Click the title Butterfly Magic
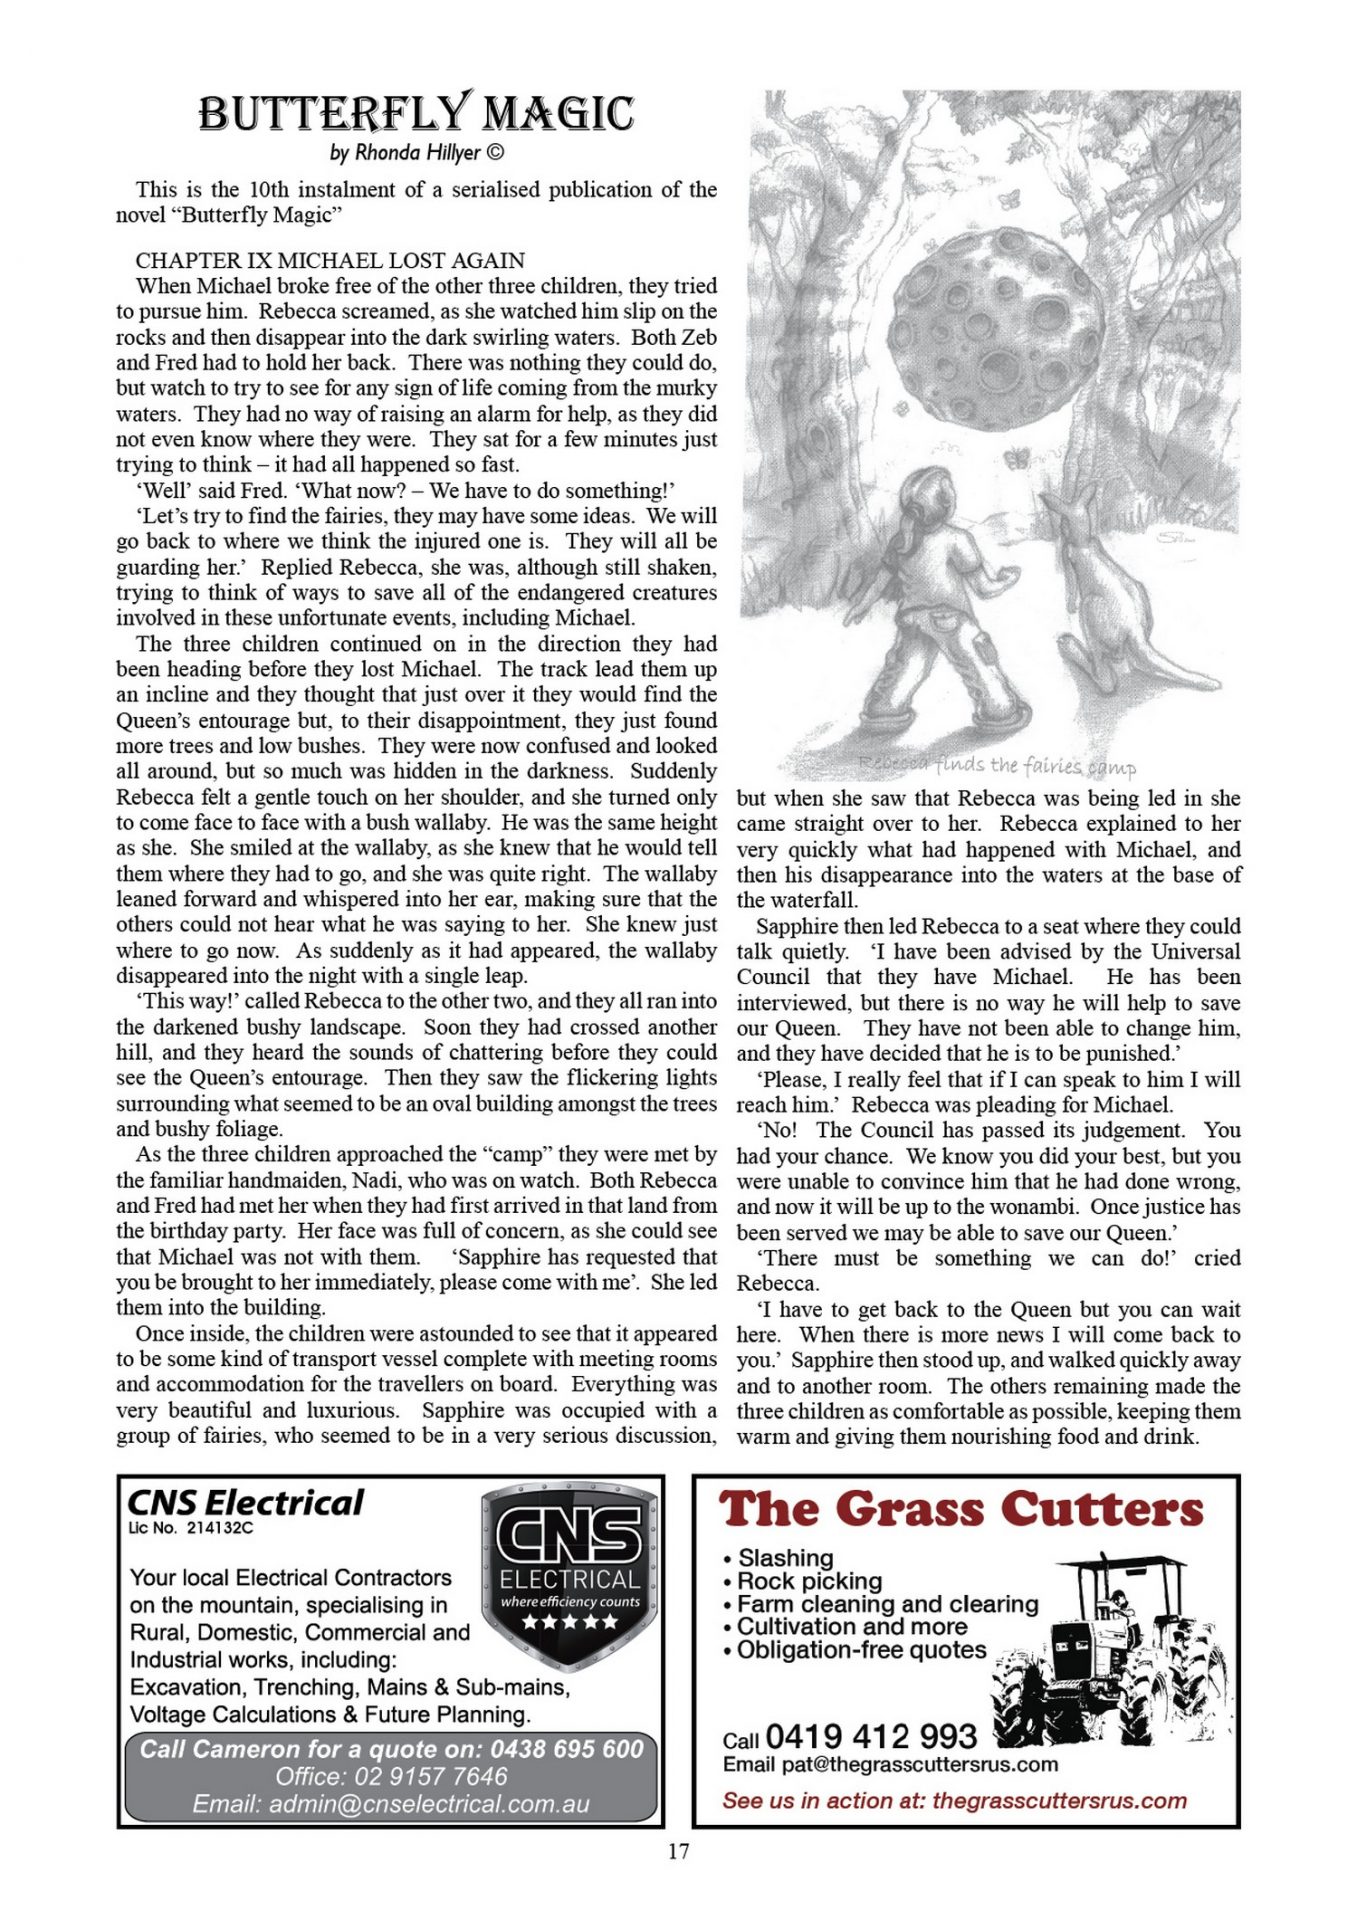pos(416,113)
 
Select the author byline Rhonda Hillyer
pos(416,153)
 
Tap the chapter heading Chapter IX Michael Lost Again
pos(330,260)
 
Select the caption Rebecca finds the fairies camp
pos(997,766)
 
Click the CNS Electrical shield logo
pos(569,1575)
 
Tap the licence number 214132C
pos(190,1528)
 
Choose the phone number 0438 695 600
pos(566,1749)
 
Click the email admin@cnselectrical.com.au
pos(391,1804)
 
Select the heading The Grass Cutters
pos(961,1509)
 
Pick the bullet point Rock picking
pos(809,1581)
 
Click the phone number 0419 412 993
pos(870,1736)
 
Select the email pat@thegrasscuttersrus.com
pos(890,1764)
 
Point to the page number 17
pos(678,1851)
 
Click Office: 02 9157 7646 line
pos(391,1777)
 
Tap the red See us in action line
pos(954,1801)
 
